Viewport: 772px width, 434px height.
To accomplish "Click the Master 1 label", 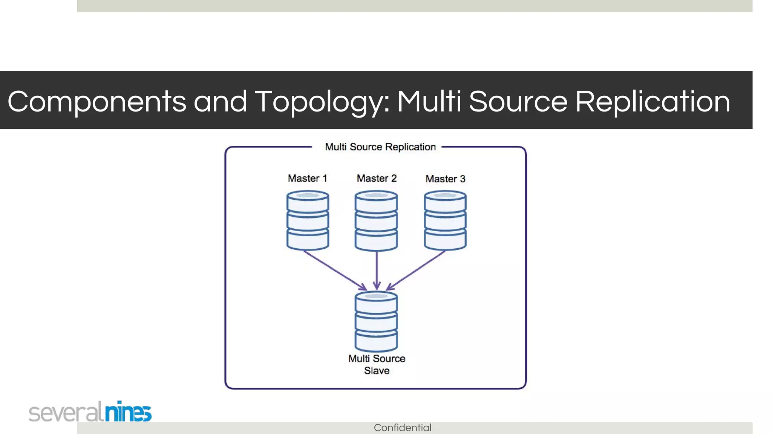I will [307, 178].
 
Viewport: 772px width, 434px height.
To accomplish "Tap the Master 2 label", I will [377, 178].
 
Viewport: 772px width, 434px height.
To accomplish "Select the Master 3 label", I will [445, 179].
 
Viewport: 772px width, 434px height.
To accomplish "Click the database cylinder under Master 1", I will [308, 221].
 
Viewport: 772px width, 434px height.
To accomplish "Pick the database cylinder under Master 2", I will [376, 221].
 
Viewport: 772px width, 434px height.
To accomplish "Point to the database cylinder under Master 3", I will [445, 221].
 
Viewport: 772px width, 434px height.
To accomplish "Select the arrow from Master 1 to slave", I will [335, 270].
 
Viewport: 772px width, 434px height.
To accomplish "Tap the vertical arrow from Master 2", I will [377, 270].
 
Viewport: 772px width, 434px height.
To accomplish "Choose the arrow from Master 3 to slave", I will [416, 270].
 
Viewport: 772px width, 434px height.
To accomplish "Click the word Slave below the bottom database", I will [377, 371].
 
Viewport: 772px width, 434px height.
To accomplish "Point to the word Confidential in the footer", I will [403, 428].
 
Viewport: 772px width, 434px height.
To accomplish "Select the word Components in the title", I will [97, 102].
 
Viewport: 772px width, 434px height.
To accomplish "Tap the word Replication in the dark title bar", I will [653, 102].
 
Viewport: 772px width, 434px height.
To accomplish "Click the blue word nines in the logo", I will [128, 412].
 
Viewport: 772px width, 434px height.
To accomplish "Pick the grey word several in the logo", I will [66, 413].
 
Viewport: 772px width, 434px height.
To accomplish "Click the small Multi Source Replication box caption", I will [380, 147].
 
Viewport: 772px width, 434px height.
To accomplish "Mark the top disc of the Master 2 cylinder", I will [376, 196].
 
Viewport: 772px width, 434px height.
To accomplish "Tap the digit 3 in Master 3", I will [463, 179].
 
